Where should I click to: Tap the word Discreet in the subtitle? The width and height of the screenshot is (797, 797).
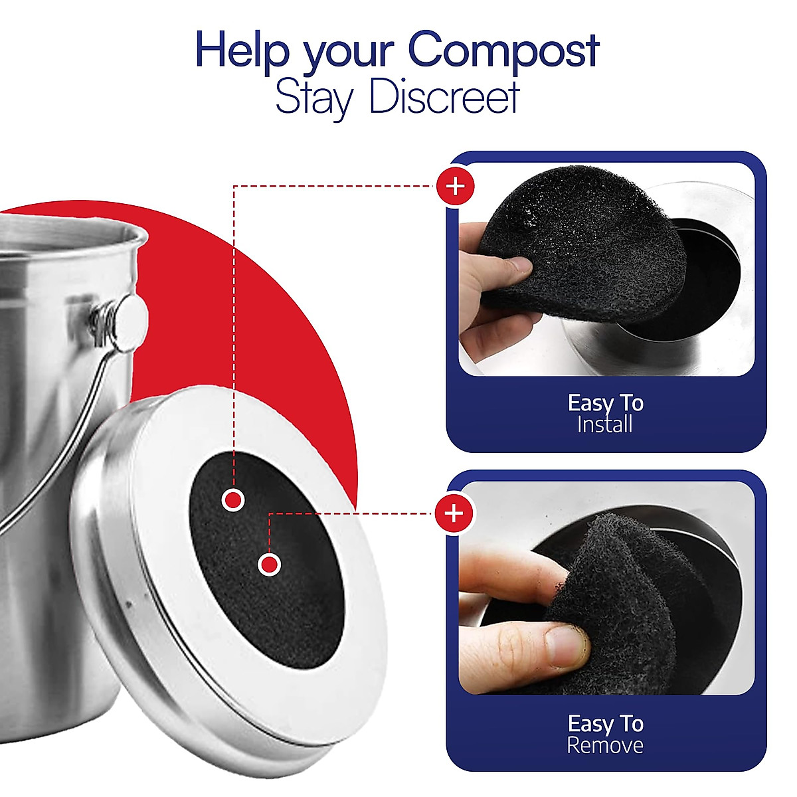(x=443, y=98)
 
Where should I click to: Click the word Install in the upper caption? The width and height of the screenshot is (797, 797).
(x=604, y=424)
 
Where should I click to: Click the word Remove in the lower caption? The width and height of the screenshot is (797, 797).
(x=604, y=745)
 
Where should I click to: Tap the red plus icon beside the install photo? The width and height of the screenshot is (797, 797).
(x=456, y=186)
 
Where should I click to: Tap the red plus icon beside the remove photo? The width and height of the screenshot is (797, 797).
(x=454, y=513)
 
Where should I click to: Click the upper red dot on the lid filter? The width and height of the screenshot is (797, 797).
(x=233, y=499)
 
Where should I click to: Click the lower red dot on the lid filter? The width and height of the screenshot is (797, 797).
(x=269, y=565)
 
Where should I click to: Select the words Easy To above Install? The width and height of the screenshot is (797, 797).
(x=605, y=402)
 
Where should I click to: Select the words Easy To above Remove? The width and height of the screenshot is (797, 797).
(x=605, y=723)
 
